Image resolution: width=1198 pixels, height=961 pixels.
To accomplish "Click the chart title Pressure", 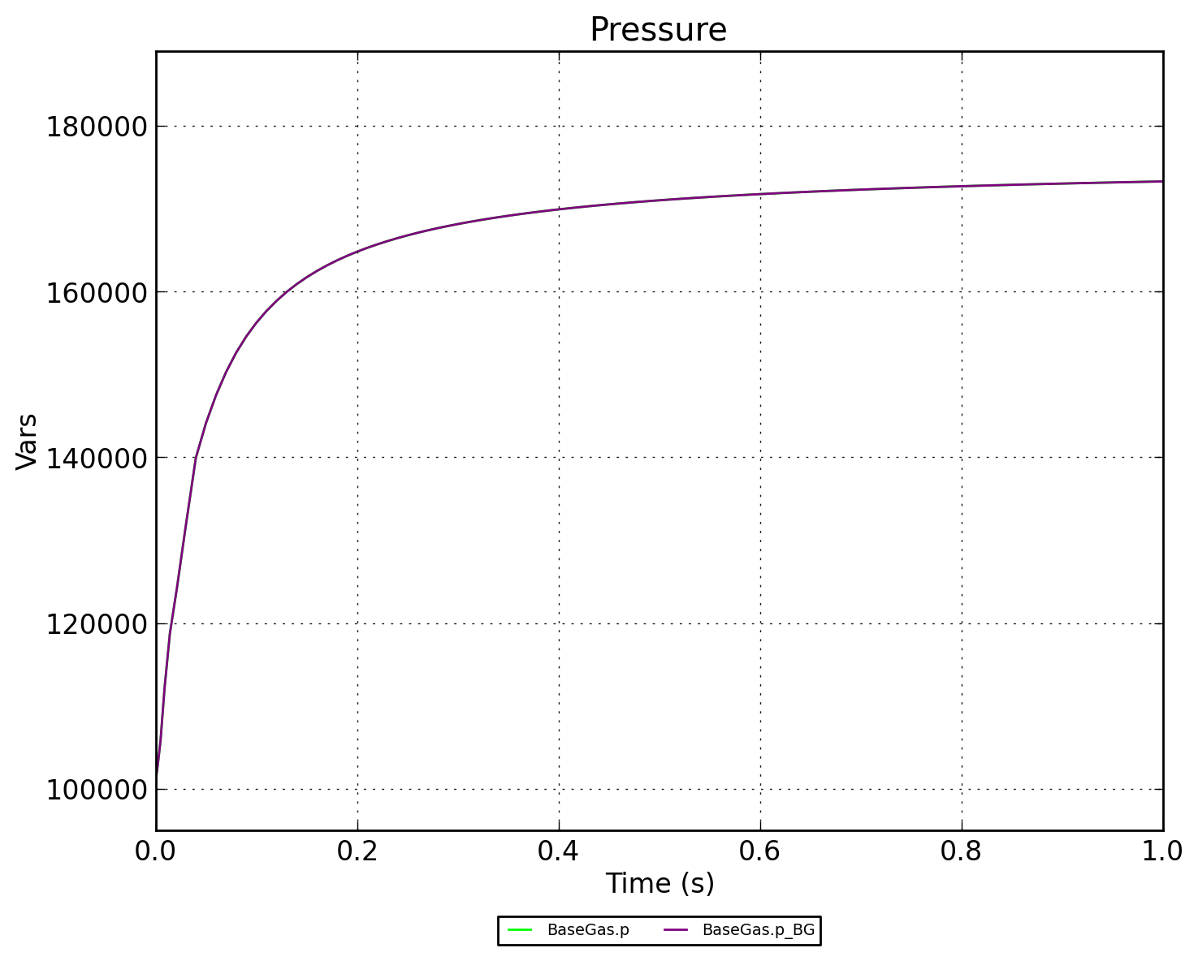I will [658, 30].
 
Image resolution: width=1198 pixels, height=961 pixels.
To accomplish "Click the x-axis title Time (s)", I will [660, 883].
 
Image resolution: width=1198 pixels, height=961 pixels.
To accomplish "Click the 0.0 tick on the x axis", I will [156, 851].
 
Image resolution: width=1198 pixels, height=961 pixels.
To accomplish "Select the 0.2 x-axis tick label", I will [357, 851].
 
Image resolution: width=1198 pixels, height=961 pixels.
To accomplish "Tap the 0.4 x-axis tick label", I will [559, 851].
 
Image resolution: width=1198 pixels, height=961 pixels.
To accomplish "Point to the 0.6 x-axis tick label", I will [760, 851].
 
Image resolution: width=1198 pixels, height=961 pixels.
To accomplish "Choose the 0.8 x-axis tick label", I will [962, 851].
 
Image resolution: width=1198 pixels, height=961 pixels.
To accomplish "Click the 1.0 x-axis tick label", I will [1161, 851].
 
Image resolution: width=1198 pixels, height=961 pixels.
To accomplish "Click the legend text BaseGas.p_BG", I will [758, 930].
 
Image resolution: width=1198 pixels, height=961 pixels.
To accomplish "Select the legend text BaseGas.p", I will [588, 930].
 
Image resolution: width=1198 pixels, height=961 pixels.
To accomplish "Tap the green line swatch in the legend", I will [520, 930].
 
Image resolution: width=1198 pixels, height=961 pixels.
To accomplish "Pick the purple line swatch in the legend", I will [676, 930].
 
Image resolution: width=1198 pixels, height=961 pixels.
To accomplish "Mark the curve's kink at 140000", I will [196, 458].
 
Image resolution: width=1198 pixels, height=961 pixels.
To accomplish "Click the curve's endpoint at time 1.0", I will [1162, 181].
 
